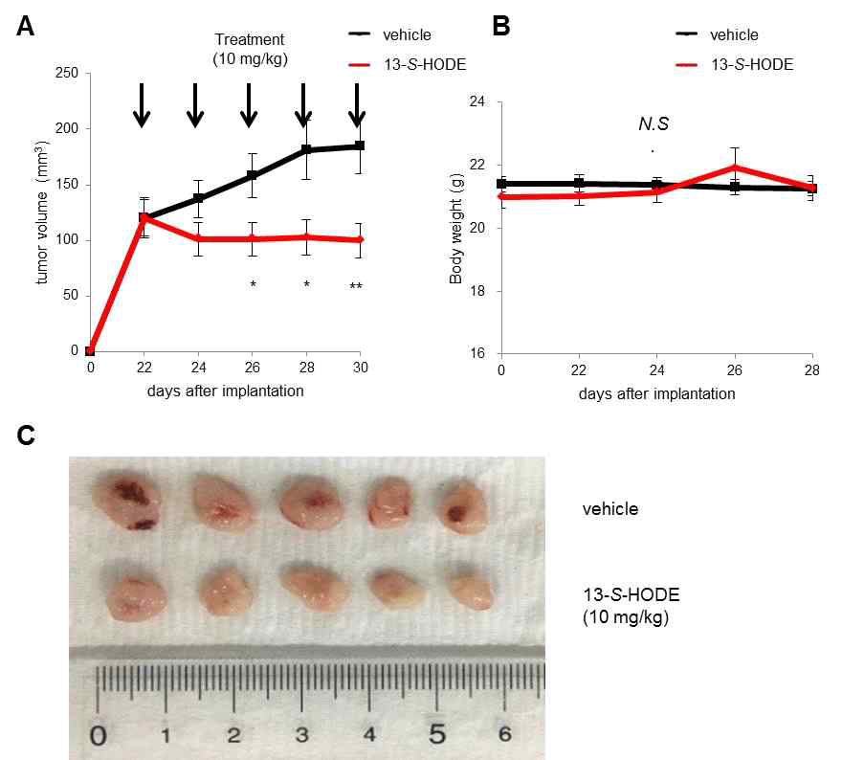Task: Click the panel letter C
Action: (x=27, y=436)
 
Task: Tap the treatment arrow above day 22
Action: (x=142, y=104)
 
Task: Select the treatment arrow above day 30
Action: (x=358, y=104)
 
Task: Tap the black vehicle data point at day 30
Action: (x=360, y=145)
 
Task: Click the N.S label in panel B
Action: (x=654, y=123)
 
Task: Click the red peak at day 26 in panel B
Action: (x=735, y=167)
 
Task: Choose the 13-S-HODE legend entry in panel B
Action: (x=752, y=65)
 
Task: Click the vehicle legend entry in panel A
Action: (x=405, y=35)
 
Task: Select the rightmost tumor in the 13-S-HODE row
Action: (x=471, y=591)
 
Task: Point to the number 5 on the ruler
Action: (x=437, y=735)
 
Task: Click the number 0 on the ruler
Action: (x=98, y=736)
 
